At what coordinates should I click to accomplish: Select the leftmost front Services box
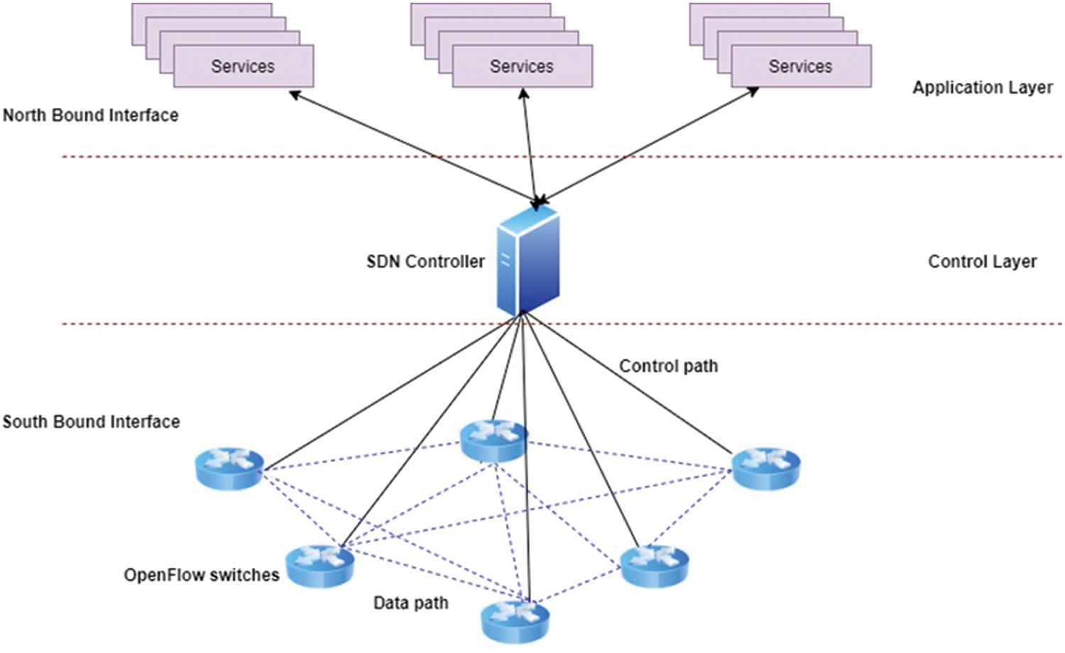pos(243,67)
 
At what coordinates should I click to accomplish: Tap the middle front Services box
pos(522,67)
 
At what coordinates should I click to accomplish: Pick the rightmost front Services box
pos(800,67)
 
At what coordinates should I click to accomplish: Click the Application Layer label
pos(982,87)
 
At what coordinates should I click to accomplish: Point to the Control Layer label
pos(982,262)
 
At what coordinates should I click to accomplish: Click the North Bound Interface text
pos(90,115)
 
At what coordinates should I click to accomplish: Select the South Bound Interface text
pos(91,422)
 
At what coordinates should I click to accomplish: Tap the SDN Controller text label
pos(425,262)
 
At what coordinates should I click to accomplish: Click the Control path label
pos(668,366)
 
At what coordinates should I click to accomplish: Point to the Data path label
pos(410,603)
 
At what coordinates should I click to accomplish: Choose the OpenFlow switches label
pos(202,575)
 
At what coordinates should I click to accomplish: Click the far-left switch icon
pos(229,468)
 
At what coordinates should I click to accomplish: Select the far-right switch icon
pos(766,468)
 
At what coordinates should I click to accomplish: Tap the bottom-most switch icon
pos(515,621)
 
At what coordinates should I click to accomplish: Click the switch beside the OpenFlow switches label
pos(319,566)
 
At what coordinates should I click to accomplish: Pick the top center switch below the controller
pos(493,440)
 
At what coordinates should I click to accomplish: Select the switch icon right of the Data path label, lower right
pos(655,566)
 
